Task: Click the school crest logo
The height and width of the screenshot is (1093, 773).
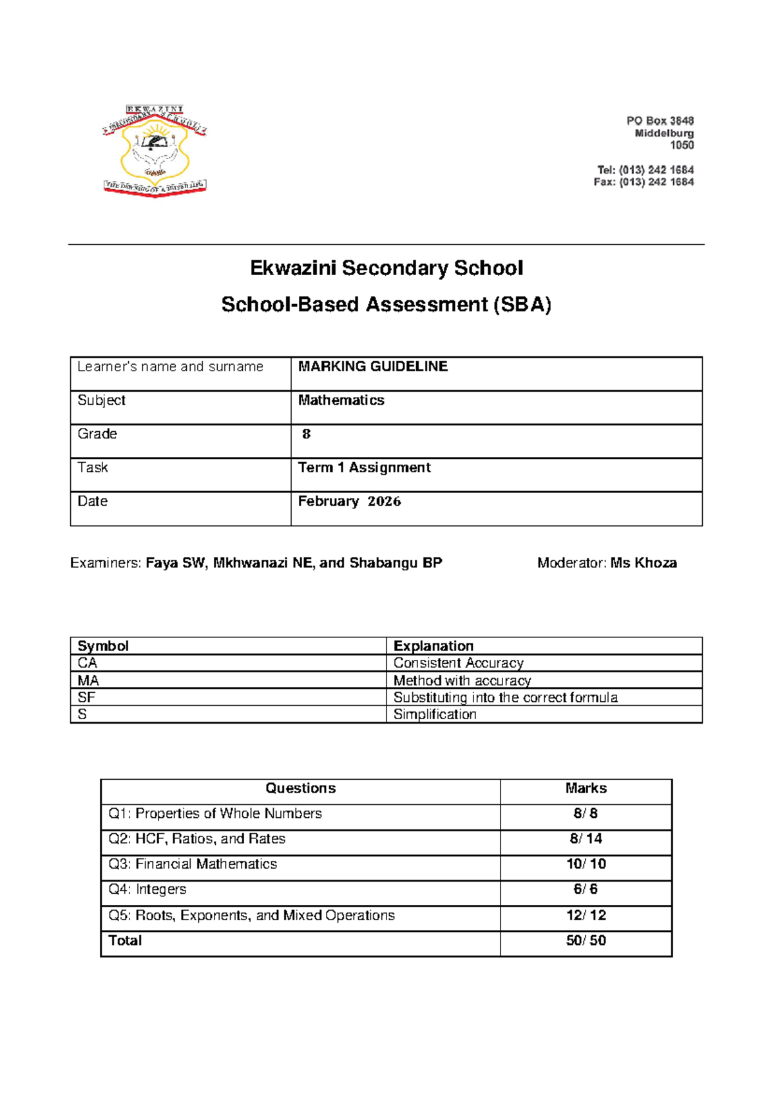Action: [x=155, y=151]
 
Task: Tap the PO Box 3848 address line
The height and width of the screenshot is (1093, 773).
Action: [x=660, y=121]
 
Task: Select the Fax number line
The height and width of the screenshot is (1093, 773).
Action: [x=644, y=182]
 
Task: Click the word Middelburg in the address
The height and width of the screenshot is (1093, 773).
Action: [x=664, y=133]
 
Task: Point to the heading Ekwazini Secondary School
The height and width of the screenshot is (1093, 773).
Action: [x=386, y=267]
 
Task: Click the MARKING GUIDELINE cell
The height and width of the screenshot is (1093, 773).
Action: [x=373, y=367]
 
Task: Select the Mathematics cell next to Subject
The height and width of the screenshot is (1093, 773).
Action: [x=341, y=400]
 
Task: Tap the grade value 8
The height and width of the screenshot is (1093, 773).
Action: [x=307, y=434]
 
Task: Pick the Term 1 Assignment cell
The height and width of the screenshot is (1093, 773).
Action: [x=364, y=468]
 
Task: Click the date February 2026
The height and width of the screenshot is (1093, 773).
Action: [x=349, y=501]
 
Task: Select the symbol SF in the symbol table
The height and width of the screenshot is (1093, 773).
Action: [x=86, y=697]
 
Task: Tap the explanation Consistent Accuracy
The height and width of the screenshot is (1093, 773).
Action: [x=458, y=663]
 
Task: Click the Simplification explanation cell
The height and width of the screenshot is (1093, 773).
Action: [x=435, y=714]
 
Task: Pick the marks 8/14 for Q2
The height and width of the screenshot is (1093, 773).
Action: [x=586, y=838]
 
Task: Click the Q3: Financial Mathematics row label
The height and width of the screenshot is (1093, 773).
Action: [x=193, y=864]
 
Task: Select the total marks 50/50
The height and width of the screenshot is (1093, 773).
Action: [x=586, y=940]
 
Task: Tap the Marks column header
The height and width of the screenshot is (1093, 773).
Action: [x=586, y=788]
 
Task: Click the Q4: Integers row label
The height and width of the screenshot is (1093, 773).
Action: [x=148, y=889]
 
